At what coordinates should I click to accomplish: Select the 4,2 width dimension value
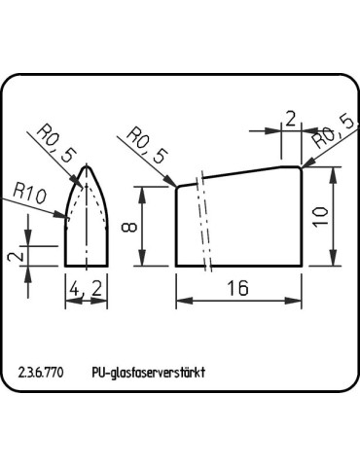(87, 288)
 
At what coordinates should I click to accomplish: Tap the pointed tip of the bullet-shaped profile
(88, 163)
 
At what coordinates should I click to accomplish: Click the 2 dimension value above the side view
(290, 119)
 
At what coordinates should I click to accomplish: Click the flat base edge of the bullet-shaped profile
(87, 266)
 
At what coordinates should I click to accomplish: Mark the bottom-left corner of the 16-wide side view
(176, 266)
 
